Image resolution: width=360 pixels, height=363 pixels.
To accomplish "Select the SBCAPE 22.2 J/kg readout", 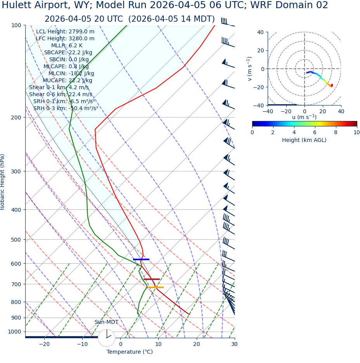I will coord(68,52).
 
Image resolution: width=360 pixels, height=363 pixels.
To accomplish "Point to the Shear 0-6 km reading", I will coord(61,94).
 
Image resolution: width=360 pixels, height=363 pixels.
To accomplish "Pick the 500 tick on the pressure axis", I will coord(16,240).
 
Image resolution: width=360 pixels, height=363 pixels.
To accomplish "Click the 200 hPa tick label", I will coord(16,117).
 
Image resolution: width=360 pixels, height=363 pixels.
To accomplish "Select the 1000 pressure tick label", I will coord(14,332).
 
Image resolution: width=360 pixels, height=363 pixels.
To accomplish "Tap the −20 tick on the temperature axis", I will coord(44,344).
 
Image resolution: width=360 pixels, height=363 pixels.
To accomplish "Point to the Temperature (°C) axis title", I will coord(130,352).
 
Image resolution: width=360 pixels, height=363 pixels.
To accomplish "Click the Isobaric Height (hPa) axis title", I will coord(3,182).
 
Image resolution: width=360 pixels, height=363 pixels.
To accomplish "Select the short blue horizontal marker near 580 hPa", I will coord(141,259).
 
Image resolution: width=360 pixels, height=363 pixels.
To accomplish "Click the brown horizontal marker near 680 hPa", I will coord(151,279).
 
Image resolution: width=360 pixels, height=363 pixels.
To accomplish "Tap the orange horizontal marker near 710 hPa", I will coord(155,287).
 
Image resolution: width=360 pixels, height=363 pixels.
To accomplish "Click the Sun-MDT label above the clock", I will coord(106,322).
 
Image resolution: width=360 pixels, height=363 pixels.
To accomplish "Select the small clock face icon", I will coord(106,337).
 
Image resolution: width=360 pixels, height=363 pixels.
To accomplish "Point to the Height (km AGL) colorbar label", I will coord(304,140).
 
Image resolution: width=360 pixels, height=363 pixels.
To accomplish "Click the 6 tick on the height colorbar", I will coord(315,132).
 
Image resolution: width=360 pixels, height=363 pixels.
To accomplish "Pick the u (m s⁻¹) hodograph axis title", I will coord(304,117).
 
